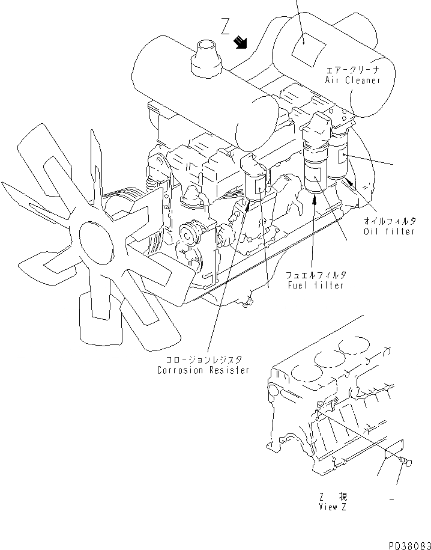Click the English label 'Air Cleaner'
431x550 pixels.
[x=353, y=80]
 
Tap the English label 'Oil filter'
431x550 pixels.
[x=389, y=231]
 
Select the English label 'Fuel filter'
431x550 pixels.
[x=315, y=285]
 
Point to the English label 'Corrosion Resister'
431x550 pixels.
[x=203, y=370]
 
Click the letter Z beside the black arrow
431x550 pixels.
[x=225, y=27]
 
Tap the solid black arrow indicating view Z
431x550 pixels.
[x=241, y=42]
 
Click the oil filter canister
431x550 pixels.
[x=339, y=159]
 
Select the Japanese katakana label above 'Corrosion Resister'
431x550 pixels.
[x=202, y=359]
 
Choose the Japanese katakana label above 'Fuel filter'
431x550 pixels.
[x=315, y=275]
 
